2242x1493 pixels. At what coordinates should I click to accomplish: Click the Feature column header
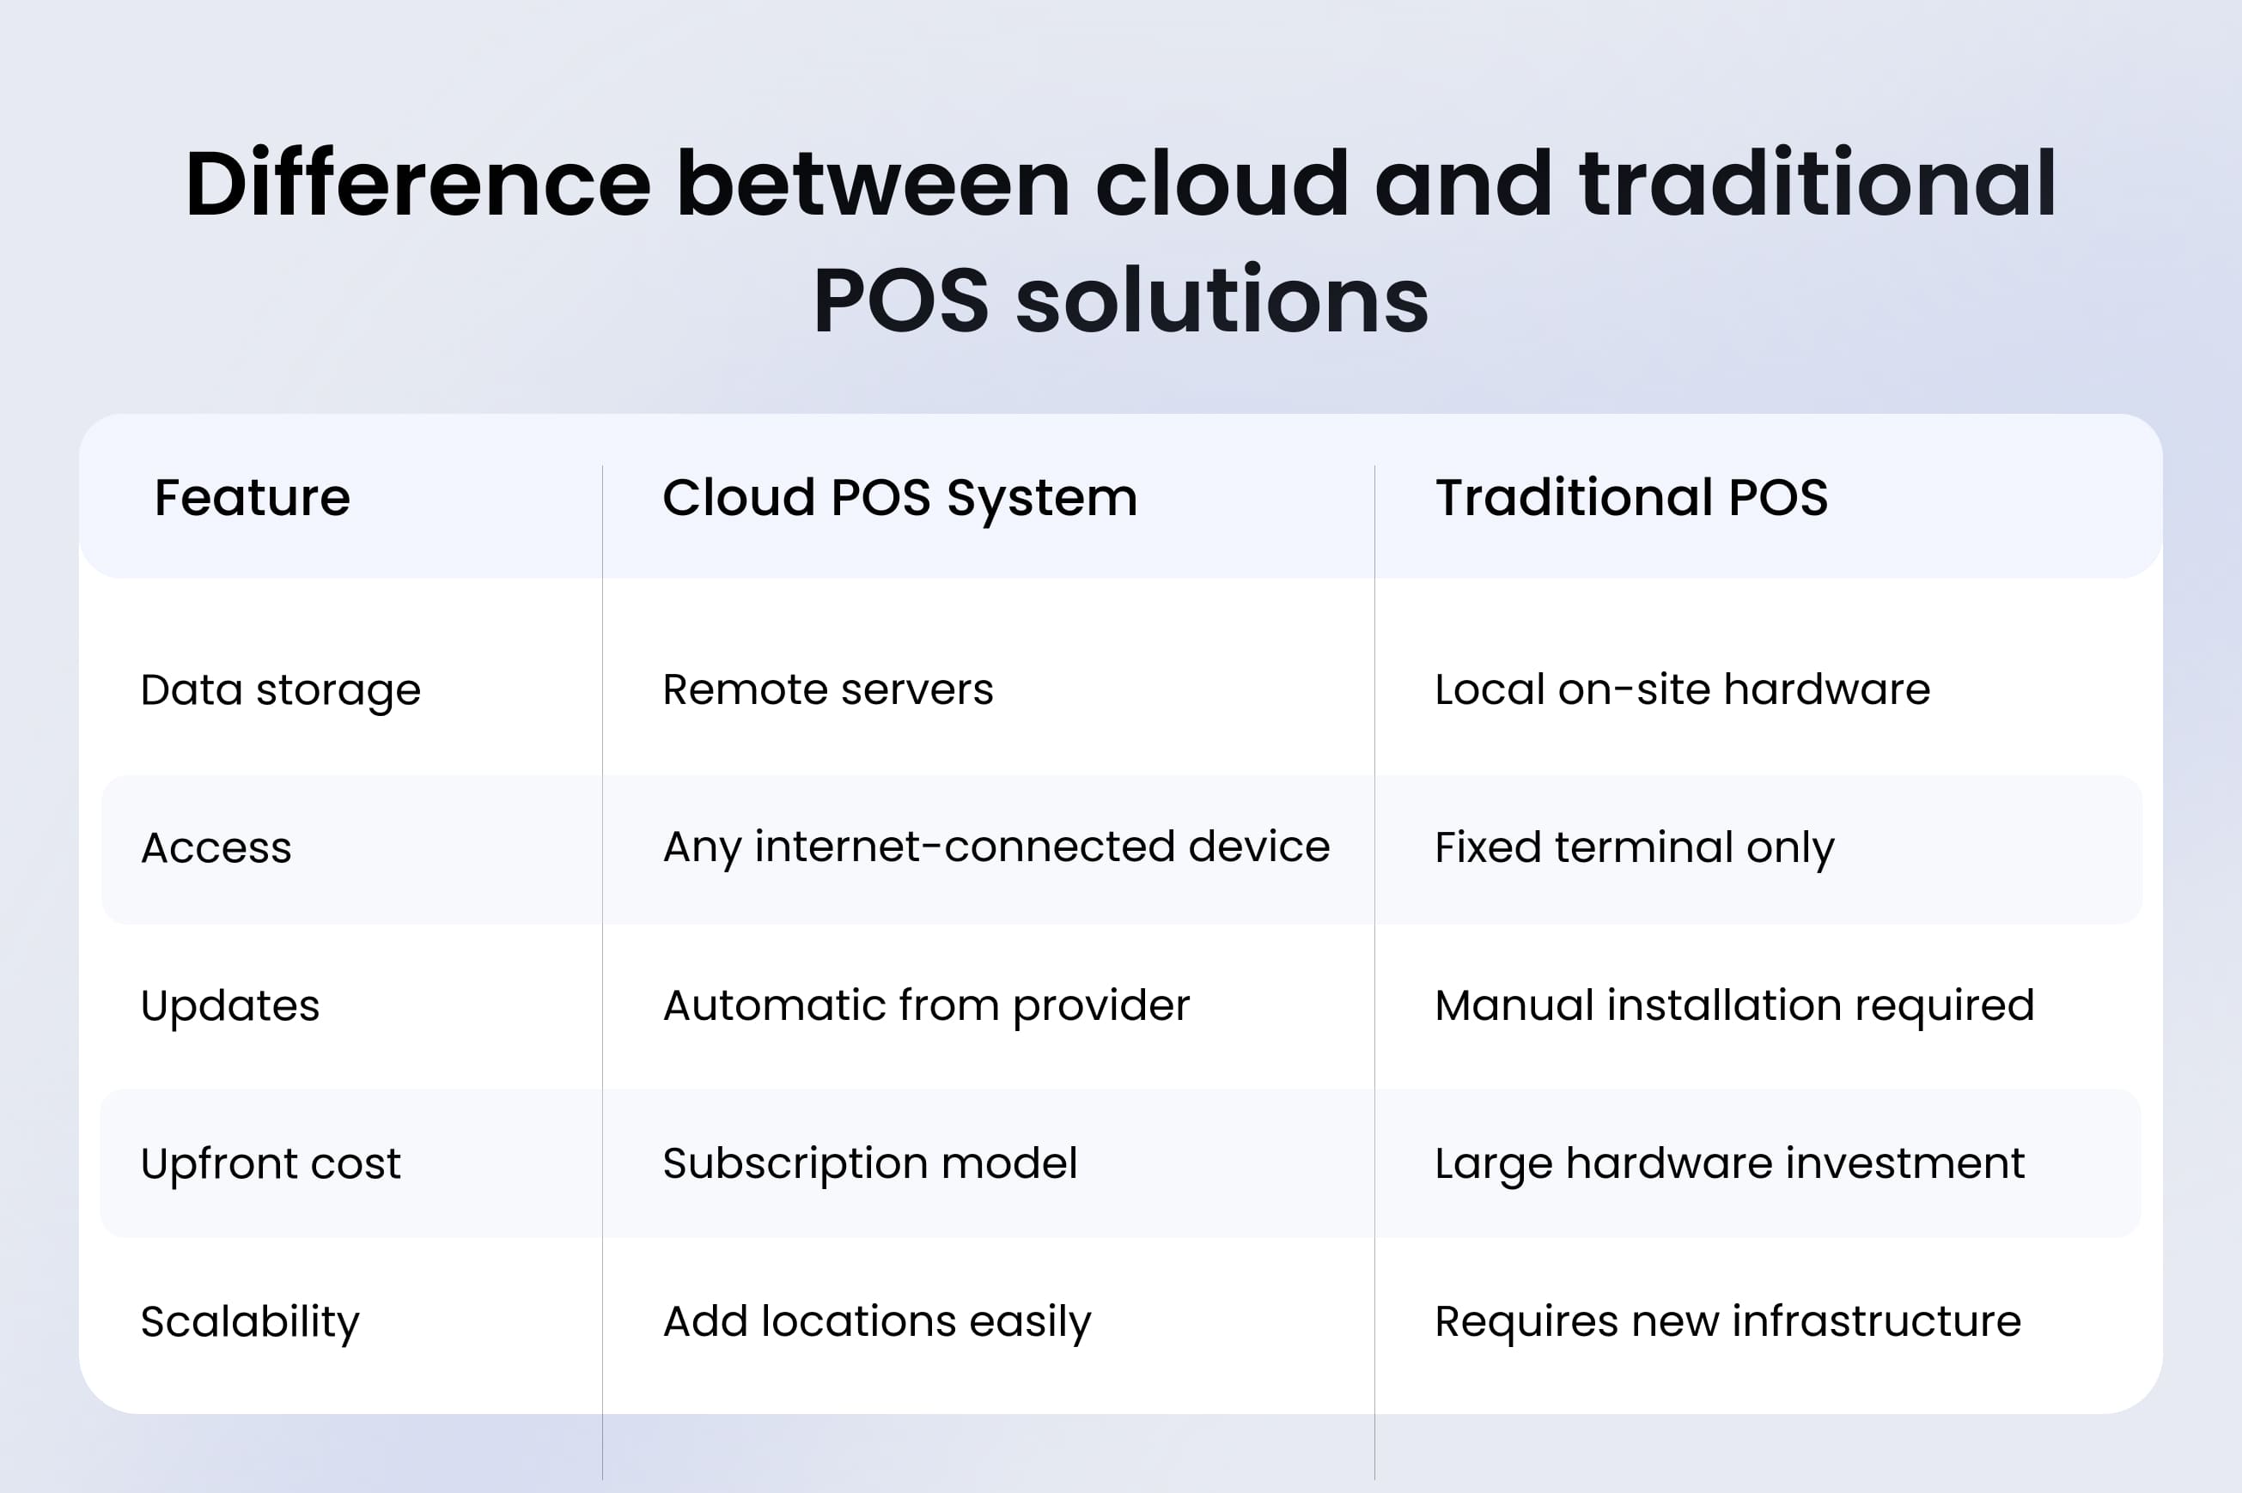(x=253, y=498)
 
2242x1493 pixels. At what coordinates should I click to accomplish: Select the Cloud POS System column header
(x=899, y=498)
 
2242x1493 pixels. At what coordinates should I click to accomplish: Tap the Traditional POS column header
(x=1630, y=498)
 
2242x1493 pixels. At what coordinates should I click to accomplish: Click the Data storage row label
(x=280, y=690)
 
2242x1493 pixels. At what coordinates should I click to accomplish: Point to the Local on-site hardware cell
(x=1681, y=689)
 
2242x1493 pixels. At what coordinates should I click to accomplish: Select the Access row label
(x=216, y=847)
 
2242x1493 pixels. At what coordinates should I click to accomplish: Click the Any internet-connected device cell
(x=996, y=847)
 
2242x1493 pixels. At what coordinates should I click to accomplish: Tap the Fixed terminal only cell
(x=1634, y=847)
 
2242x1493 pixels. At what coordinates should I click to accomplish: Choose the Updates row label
(x=229, y=1005)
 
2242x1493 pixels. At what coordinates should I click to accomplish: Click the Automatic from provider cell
(x=926, y=1005)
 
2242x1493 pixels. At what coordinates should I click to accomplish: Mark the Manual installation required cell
(x=1733, y=1005)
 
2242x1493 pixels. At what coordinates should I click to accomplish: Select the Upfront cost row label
(x=271, y=1163)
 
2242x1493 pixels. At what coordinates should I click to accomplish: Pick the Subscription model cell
(x=869, y=1163)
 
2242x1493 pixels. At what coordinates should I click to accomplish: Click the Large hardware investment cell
(x=1728, y=1163)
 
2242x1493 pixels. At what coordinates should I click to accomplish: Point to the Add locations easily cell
(x=876, y=1321)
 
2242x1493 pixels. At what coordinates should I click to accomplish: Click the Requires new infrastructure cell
(x=1727, y=1321)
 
